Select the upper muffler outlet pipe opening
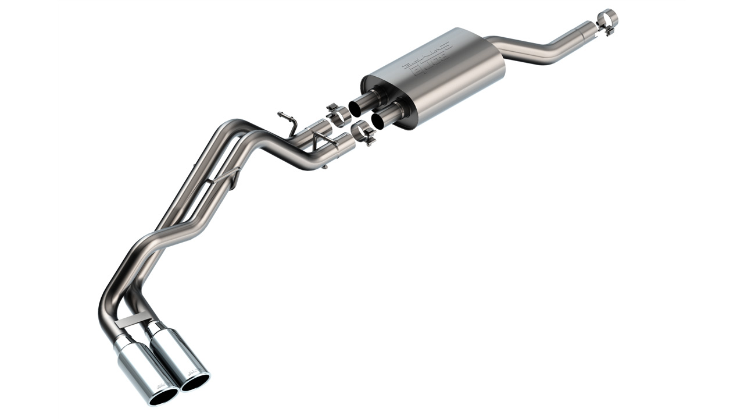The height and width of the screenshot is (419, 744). pos(356,108)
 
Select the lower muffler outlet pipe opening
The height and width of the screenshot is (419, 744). pos(380,120)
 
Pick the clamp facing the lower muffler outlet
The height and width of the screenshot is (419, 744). pos(363,133)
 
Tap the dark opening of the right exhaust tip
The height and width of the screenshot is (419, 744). pos(196,382)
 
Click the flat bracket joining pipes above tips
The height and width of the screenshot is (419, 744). pos(130,321)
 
